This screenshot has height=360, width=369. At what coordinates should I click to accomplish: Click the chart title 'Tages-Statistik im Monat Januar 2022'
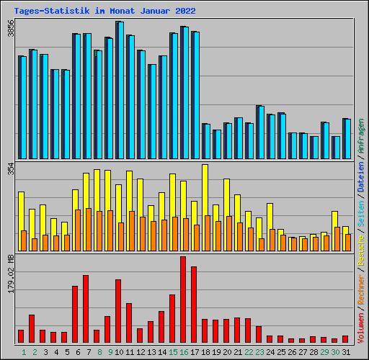pos(105,11)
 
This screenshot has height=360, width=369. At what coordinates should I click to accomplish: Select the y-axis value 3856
pos(10,30)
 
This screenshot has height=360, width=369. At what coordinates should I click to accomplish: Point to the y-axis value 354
pos(10,169)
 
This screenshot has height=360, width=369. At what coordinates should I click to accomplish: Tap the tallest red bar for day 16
pos(183,299)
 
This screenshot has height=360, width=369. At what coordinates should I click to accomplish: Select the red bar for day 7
pos(86,308)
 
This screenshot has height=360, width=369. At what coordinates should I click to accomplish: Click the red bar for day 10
pos(118,310)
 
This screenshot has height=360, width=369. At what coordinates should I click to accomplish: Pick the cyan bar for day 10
pos(120,90)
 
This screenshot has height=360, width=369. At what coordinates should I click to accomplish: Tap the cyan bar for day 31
pos(347,138)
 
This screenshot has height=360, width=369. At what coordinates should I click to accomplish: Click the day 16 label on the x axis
pos(184,351)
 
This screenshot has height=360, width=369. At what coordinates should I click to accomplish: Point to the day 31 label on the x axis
pos(345,351)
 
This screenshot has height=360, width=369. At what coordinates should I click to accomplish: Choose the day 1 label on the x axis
pos(23,351)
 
